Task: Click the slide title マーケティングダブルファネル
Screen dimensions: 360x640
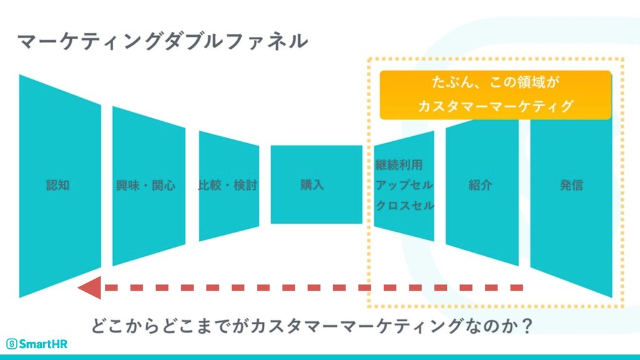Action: [x=162, y=41]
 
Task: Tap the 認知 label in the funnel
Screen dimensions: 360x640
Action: [x=58, y=185]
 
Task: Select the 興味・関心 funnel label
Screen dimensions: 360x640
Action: [x=146, y=185]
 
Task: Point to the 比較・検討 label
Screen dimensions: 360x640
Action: [x=227, y=185]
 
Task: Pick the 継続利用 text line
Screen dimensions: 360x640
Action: [x=399, y=166]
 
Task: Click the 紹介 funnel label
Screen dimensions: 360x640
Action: [x=481, y=185]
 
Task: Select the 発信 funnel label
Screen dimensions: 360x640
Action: [x=571, y=185]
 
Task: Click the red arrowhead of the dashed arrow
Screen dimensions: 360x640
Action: [x=89, y=288]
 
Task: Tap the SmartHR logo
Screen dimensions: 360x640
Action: [x=37, y=344]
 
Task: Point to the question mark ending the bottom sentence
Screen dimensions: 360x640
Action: [x=526, y=326]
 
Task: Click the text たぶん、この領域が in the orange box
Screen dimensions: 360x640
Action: [x=495, y=82]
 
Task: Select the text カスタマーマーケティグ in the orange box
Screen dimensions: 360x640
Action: [x=495, y=106]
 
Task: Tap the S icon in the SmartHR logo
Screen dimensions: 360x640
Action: [x=11, y=344]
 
